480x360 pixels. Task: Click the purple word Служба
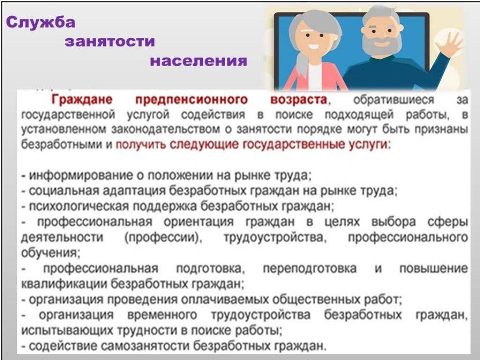(x=40, y=22)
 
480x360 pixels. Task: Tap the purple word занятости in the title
(x=110, y=41)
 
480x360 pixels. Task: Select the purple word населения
(x=199, y=60)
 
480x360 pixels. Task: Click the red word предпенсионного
(x=191, y=100)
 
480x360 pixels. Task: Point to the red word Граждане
(x=82, y=100)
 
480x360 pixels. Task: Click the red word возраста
(x=299, y=100)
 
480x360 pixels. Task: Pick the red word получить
(x=141, y=144)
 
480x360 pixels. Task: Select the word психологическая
(x=79, y=206)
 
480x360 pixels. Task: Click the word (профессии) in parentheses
(x=162, y=238)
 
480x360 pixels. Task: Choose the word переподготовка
(x=310, y=269)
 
